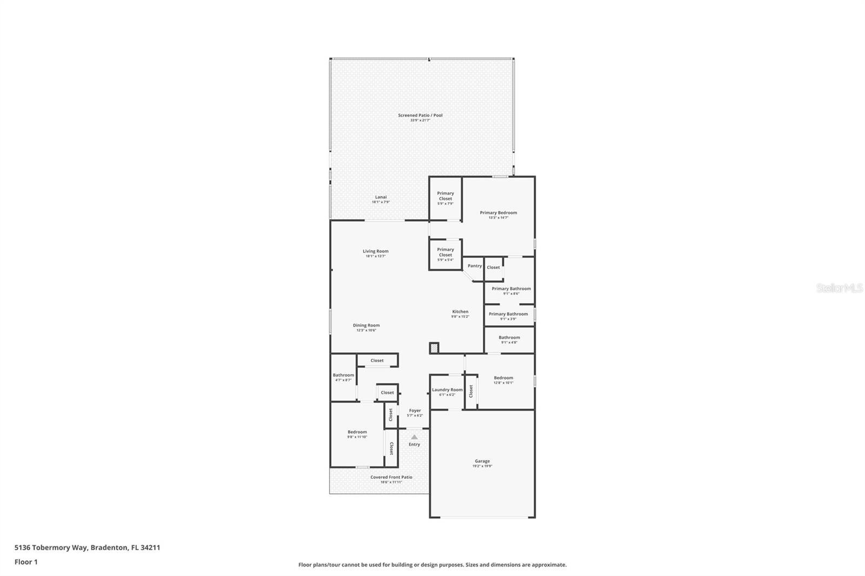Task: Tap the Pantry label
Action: (x=475, y=266)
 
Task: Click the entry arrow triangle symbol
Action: (x=414, y=437)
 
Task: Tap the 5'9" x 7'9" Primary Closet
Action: (x=445, y=198)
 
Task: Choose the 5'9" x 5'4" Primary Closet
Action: (x=445, y=254)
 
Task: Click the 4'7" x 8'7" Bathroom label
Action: (x=343, y=377)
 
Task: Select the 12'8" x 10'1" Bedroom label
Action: (x=503, y=380)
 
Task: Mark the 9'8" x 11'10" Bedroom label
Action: (x=357, y=434)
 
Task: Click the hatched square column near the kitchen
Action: (x=434, y=349)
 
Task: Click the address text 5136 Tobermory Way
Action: (x=52, y=547)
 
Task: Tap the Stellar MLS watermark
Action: (x=839, y=288)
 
